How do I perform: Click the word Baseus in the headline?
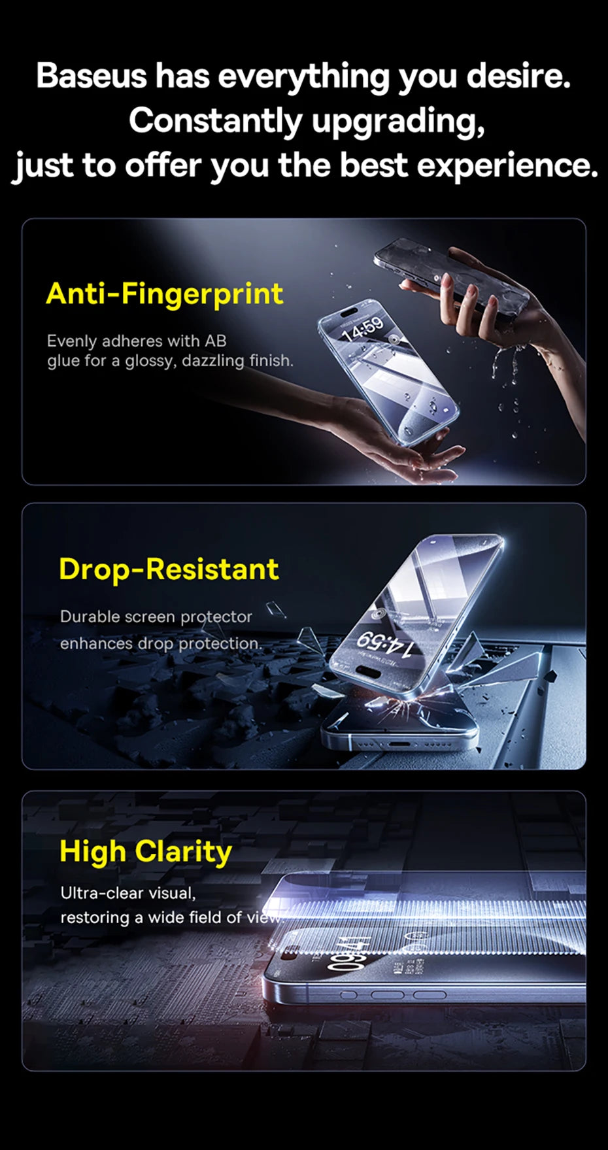(92, 76)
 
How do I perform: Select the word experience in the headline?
(508, 165)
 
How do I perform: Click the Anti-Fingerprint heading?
(165, 294)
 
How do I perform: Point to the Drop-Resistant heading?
(169, 569)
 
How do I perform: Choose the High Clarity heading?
(146, 853)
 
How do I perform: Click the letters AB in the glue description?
(216, 341)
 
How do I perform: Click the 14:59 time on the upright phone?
(363, 328)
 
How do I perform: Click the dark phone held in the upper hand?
(452, 279)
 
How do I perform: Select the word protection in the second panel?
(220, 644)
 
